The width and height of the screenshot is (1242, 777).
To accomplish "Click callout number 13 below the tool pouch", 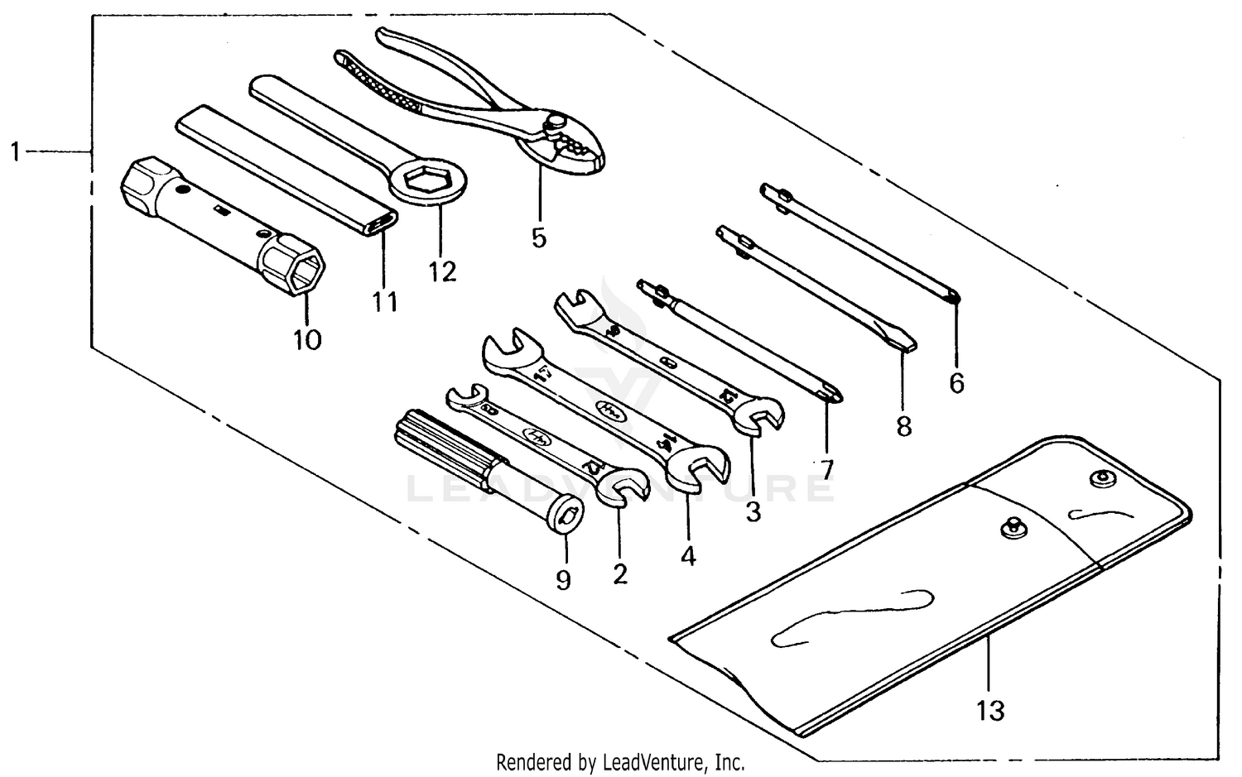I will (990, 710).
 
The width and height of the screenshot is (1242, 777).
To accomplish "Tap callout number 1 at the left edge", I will (14, 152).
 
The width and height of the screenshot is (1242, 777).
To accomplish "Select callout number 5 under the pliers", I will (539, 238).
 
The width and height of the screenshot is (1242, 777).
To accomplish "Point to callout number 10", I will (307, 339).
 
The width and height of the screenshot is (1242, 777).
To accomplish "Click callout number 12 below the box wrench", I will (442, 271).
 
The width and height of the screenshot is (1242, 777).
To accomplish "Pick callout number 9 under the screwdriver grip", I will (563, 580).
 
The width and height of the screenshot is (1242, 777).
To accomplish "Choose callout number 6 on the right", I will (956, 383).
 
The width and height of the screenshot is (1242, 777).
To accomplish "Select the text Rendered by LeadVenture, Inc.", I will (620, 761).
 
